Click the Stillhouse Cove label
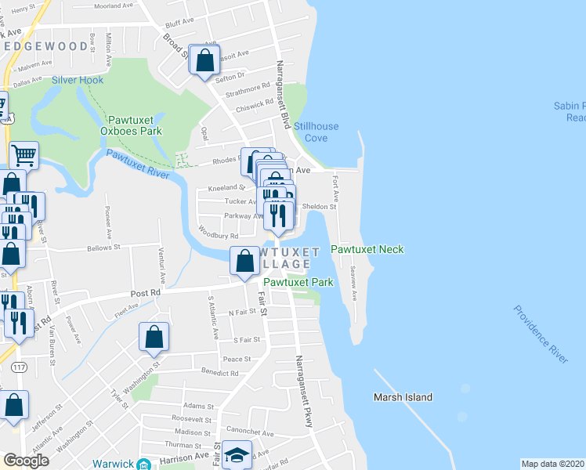[310, 132]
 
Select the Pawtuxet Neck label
[367, 249]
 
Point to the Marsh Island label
[403, 397]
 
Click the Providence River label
[541, 334]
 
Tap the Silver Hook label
[78, 80]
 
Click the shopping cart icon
[24, 155]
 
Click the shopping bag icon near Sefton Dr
[204, 60]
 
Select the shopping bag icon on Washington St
[154, 337]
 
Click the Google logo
[26, 461]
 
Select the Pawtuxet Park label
[298, 282]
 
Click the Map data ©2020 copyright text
[553, 464]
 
